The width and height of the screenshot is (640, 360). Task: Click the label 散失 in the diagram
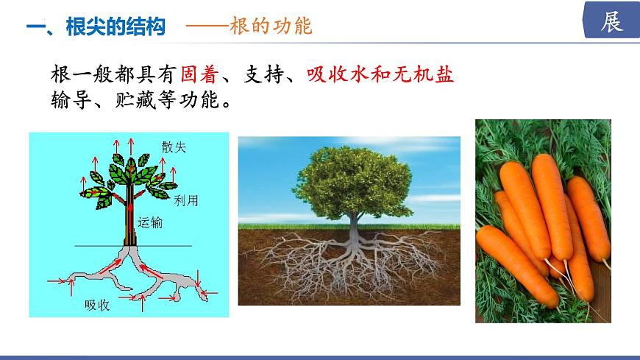[x=174, y=147]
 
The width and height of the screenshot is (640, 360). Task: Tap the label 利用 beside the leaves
[x=186, y=200]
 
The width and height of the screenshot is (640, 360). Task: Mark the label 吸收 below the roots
[x=97, y=305]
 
